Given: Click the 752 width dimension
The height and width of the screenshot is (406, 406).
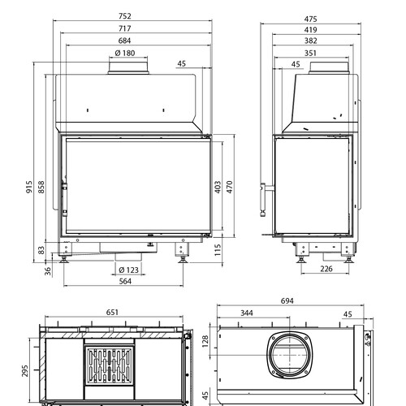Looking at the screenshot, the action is click(125, 16).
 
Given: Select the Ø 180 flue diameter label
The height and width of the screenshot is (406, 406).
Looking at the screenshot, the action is click(125, 53).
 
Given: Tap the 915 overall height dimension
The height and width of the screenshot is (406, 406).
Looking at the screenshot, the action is click(29, 187).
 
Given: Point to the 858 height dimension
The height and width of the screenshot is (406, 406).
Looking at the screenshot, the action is click(41, 187).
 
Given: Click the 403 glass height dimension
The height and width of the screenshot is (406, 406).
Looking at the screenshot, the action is click(218, 187).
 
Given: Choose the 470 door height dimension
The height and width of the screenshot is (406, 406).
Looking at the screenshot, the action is click(229, 187).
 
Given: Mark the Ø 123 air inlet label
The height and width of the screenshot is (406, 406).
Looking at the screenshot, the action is click(128, 270).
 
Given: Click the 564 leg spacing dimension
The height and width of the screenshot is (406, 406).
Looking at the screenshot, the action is click(125, 281).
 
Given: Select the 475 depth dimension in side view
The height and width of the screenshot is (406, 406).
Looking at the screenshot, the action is click(310, 19).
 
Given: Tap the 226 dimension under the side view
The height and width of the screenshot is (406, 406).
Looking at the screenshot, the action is click(326, 269).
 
